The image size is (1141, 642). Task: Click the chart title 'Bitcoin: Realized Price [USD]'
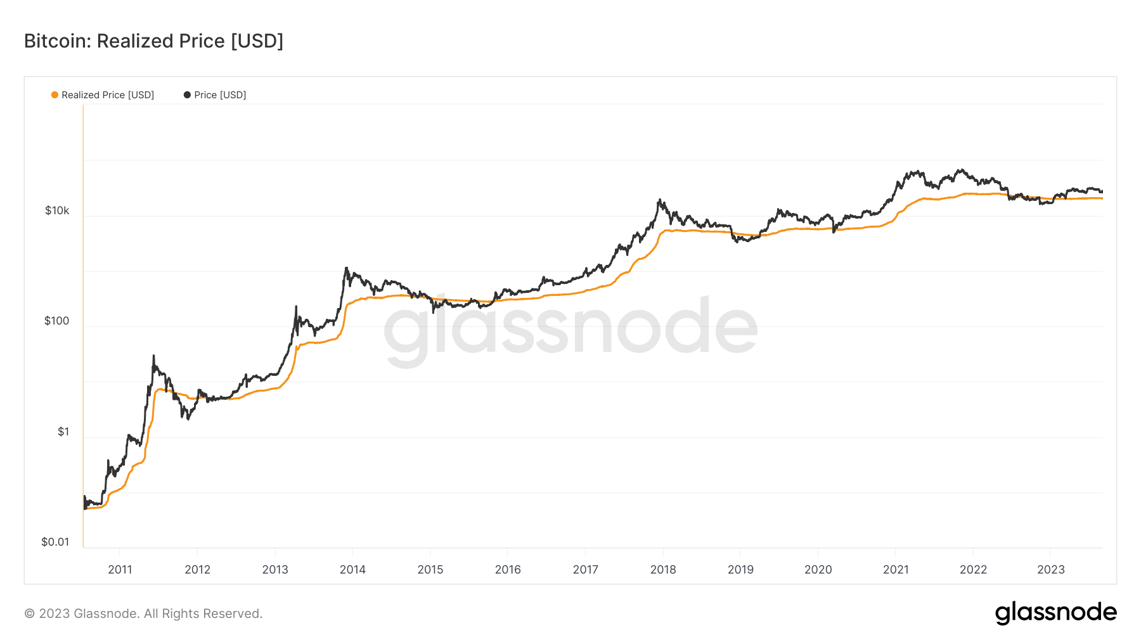point(153,41)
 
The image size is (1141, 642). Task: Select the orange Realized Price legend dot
point(55,95)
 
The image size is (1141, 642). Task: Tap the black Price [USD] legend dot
point(187,95)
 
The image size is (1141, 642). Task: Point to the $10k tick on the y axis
point(57,210)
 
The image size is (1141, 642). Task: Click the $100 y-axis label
point(56,321)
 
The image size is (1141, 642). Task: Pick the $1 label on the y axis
point(63,432)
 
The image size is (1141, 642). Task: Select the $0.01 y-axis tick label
point(55,542)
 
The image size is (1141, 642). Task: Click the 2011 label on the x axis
point(120,569)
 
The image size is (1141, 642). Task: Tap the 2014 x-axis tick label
point(352,569)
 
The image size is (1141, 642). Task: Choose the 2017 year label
point(585,569)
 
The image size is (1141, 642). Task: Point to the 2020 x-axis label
point(818,569)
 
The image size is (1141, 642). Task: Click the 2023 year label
point(1050,569)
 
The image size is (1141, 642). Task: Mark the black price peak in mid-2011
point(153,356)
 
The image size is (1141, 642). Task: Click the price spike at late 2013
point(346,268)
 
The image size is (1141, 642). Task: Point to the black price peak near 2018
point(660,200)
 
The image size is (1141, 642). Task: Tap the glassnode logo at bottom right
point(1055,613)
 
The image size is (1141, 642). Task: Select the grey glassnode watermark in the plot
point(570,326)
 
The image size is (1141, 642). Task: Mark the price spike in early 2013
point(296,307)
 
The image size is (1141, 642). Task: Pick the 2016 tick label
point(508,569)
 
